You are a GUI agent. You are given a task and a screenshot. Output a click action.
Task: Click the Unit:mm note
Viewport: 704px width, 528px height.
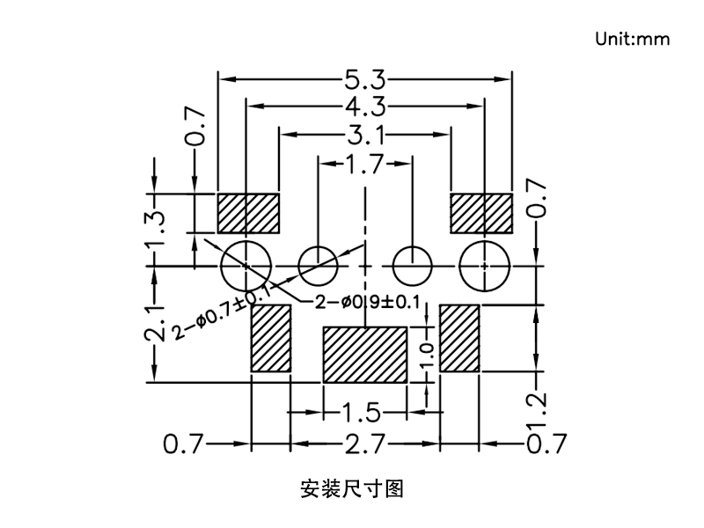click(x=632, y=39)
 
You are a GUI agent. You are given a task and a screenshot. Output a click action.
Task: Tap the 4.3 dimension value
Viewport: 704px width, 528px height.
click(x=365, y=107)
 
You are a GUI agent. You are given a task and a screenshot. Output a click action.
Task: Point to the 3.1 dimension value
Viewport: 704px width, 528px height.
click(x=365, y=135)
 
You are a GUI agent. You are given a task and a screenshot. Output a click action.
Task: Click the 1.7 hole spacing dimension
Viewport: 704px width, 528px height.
click(x=365, y=164)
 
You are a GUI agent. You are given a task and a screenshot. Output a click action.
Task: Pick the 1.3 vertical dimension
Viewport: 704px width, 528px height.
click(x=156, y=231)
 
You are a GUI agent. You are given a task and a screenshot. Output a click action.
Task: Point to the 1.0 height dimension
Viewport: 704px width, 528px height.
click(x=427, y=355)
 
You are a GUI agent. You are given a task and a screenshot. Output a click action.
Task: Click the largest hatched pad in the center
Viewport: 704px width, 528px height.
click(x=365, y=355)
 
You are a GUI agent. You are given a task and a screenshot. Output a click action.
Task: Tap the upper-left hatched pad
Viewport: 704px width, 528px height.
click(x=248, y=212)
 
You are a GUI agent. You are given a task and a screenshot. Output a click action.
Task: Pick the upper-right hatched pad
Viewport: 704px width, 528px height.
click(x=481, y=212)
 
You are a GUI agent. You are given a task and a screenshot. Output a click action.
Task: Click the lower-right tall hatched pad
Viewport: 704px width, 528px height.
click(x=459, y=339)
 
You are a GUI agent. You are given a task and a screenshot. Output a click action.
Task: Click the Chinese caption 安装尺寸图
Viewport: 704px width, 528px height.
click(x=352, y=487)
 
